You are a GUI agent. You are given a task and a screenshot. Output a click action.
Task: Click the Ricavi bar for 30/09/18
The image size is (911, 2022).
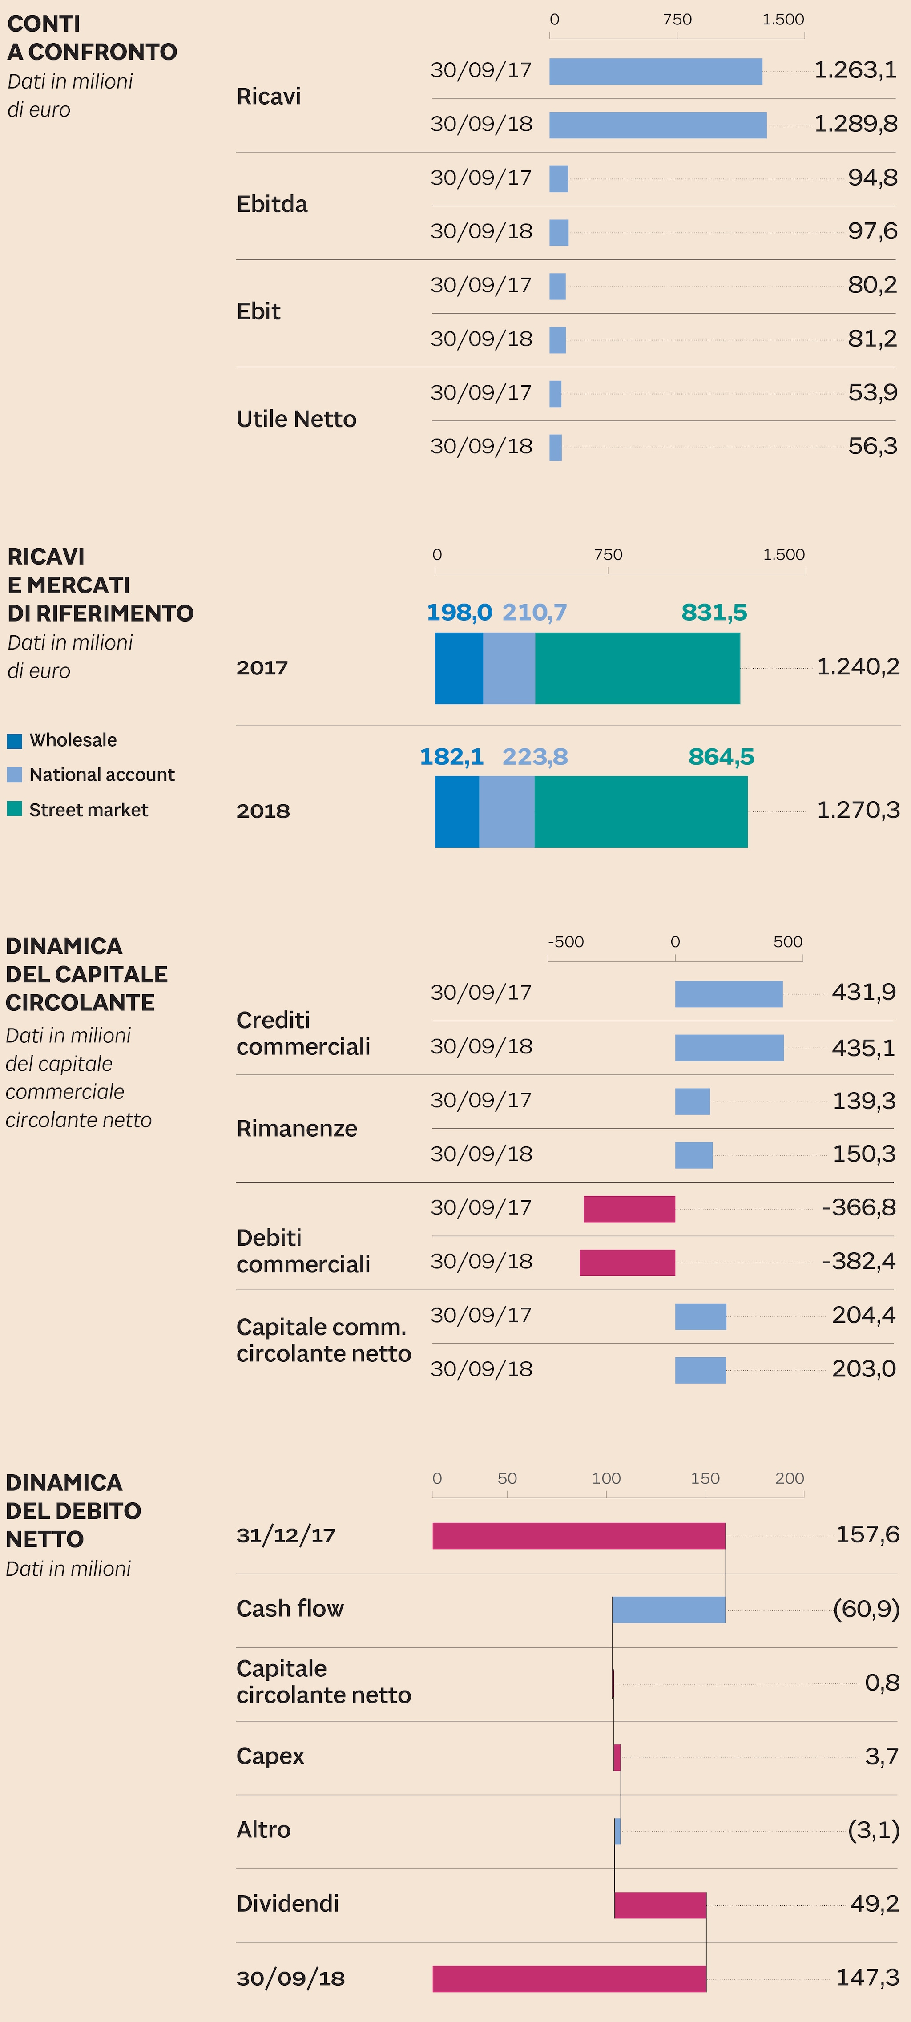[x=657, y=125]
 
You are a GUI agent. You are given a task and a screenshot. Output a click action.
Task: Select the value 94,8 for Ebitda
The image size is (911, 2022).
[x=872, y=178]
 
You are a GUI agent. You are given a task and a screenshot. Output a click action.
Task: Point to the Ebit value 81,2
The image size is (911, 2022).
[x=872, y=339]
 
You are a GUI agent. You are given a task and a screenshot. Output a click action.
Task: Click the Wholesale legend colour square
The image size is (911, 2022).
[x=14, y=740]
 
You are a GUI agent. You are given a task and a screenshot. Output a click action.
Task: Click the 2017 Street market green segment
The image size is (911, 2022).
[x=637, y=669]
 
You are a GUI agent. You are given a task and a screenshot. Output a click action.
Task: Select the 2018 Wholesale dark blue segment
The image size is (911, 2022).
[x=457, y=811]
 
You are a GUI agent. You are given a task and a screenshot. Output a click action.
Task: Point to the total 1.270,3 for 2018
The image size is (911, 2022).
[x=858, y=810]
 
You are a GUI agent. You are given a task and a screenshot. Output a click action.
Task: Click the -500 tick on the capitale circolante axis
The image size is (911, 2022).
[x=566, y=942]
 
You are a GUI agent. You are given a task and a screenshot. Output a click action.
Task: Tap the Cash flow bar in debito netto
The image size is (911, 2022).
[x=669, y=1610]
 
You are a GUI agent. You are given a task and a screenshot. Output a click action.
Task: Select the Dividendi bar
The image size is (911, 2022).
[x=660, y=1905]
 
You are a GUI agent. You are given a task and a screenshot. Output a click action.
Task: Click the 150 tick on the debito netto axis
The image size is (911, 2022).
[x=705, y=1478]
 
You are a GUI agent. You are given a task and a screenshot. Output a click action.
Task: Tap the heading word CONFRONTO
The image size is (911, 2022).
[x=103, y=52]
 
